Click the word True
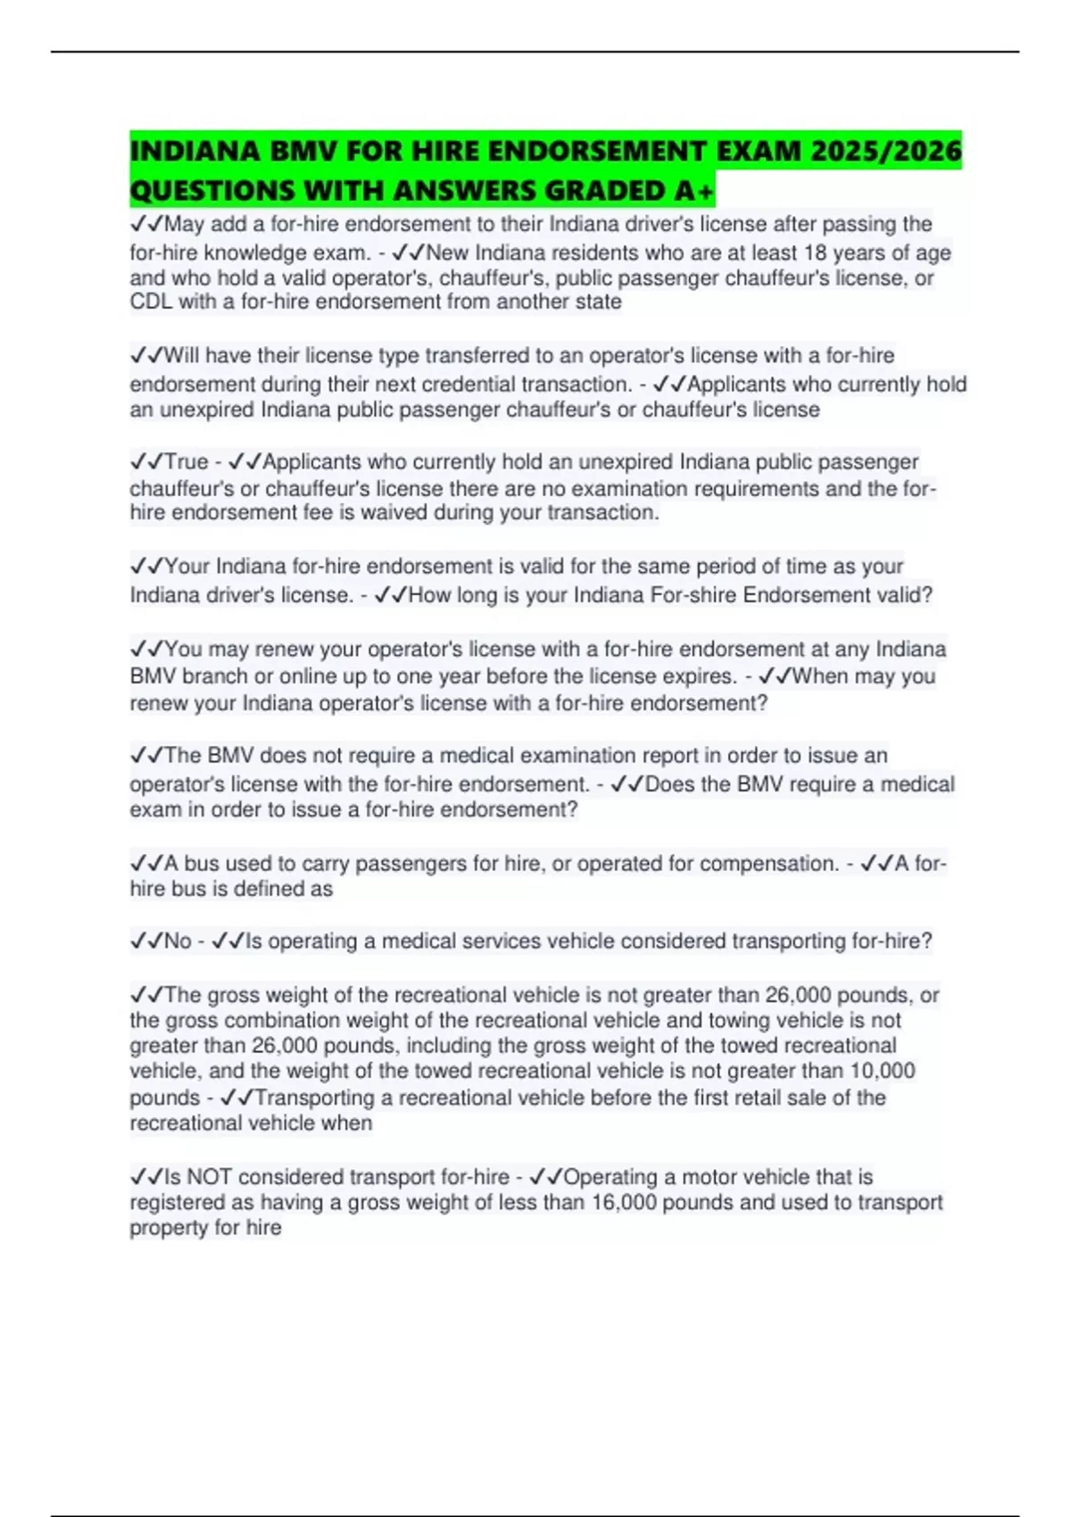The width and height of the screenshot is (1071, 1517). (187, 461)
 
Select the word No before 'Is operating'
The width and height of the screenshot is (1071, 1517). (178, 941)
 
